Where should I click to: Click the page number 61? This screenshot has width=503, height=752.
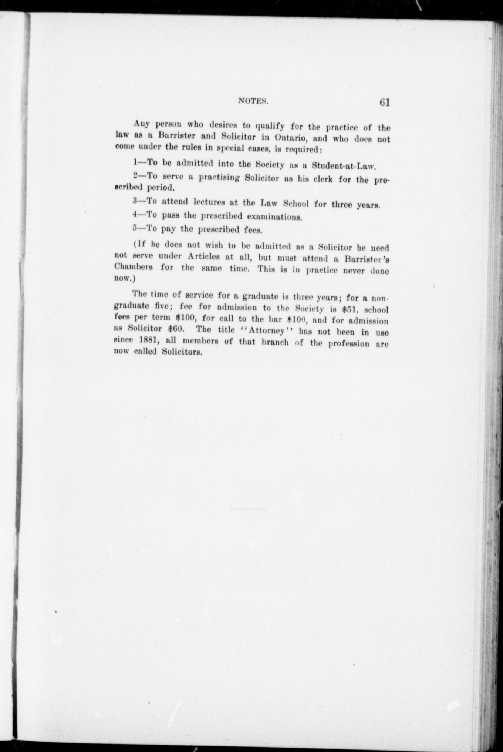[384, 102]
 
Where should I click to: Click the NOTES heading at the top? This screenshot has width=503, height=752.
[253, 100]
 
